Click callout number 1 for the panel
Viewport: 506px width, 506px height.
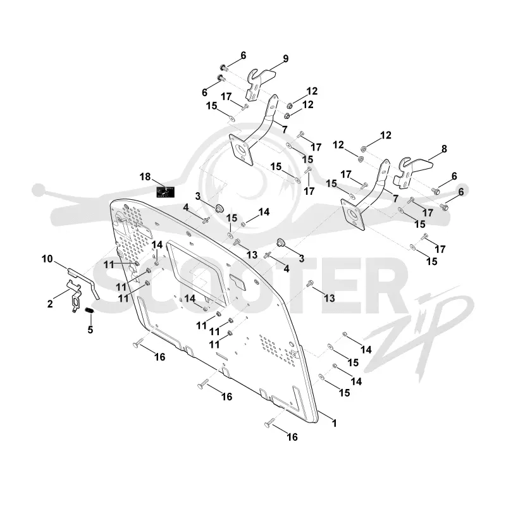(x=335, y=423)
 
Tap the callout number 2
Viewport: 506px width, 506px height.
(x=50, y=304)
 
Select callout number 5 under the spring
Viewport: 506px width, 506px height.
(x=90, y=330)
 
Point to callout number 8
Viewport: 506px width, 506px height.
(x=445, y=149)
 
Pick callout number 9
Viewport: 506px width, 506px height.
(x=286, y=59)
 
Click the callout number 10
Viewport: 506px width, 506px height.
(x=47, y=259)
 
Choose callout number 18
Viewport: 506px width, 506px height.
(x=145, y=177)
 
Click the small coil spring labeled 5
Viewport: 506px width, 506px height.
(x=89, y=311)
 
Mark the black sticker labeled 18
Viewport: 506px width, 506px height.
(x=165, y=192)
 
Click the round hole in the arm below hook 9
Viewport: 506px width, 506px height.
(x=241, y=150)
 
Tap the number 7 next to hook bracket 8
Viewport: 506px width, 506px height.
(x=396, y=199)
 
